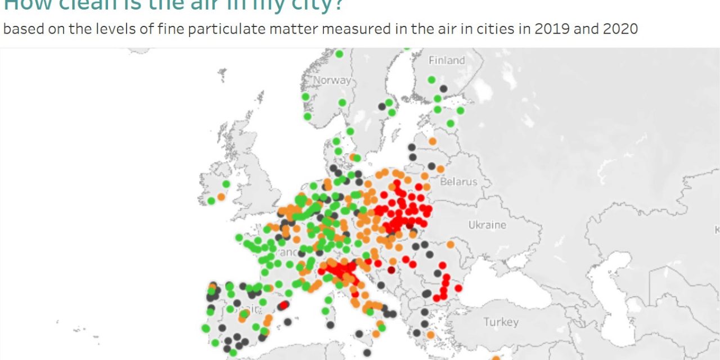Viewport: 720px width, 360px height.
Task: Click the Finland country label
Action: tap(447, 60)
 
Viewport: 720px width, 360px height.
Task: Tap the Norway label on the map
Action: tap(332, 80)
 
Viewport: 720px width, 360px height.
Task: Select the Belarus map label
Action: tap(458, 182)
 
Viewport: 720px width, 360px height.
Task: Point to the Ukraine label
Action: tap(487, 225)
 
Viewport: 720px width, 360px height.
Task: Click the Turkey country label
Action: tap(501, 322)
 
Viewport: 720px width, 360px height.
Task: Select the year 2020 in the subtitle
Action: tap(620, 29)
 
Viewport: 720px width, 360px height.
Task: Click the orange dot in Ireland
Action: tap(221, 197)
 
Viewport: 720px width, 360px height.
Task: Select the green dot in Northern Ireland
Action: tap(226, 184)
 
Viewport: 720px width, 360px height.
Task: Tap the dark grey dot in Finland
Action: tap(443, 88)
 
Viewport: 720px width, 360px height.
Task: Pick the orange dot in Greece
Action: tap(430, 335)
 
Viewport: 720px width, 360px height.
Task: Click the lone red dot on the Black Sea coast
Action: tap(458, 288)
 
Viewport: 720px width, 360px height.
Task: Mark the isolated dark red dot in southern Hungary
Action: tap(391, 270)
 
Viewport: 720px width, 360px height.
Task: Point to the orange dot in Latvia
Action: tap(432, 141)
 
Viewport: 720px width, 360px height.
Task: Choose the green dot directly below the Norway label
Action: tap(342, 102)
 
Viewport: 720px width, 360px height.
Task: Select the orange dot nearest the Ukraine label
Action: tap(450, 245)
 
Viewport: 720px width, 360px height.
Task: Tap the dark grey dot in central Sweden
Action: tap(382, 106)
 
